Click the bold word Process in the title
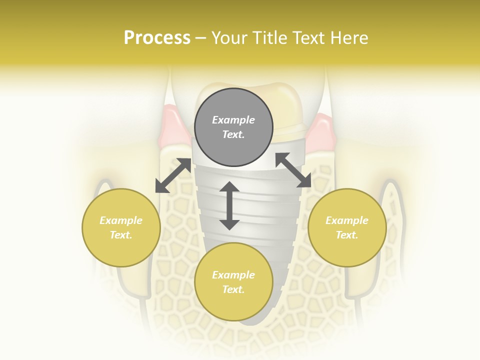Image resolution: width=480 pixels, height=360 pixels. tap(157, 38)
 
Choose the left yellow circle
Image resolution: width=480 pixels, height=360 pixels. tap(121, 227)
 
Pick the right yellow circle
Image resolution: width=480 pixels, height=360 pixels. tap(347, 227)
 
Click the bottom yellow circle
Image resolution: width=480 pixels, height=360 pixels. tap(233, 282)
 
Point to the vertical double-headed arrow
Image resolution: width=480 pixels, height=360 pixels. tap(229, 205)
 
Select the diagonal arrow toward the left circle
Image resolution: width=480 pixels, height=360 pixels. tap(173, 175)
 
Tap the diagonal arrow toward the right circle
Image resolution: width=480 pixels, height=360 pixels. tap(293, 170)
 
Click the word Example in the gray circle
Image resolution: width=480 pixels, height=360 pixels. tap(233, 120)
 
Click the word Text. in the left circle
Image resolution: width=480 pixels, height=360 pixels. tap(121, 235)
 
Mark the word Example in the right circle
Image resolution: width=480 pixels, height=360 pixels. tap(347, 220)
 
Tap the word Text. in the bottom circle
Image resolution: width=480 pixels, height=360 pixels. tap(233, 289)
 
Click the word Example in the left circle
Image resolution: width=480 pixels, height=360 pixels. tap(121, 220)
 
